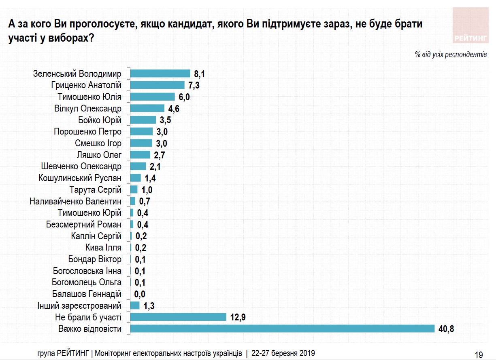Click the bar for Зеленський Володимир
[160, 74]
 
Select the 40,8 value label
[446, 328]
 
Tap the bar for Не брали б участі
[178, 317]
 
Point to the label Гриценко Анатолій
[86, 85]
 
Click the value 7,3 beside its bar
[195, 85]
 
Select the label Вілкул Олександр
[87, 108]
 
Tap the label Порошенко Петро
[87, 132]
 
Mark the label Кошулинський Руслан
[80, 178]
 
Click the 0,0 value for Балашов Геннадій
[140, 294]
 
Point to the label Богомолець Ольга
[87, 282]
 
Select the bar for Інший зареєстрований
[135, 305]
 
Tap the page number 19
[478, 355]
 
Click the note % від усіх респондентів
[450, 54]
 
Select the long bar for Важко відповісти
[283, 328]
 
